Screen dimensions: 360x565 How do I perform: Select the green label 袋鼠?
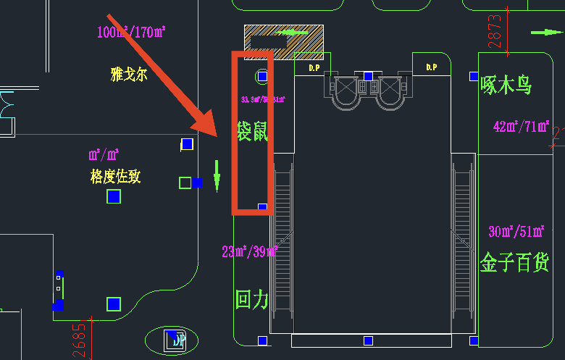click(x=252, y=131)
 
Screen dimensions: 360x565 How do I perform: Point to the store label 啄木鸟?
click(x=506, y=85)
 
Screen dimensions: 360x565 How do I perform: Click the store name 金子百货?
click(x=515, y=262)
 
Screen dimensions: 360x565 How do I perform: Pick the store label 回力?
click(x=251, y=299)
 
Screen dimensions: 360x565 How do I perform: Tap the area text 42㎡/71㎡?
click(x=521, y=126)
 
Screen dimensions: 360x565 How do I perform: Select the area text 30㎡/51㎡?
click(x=516, y=232)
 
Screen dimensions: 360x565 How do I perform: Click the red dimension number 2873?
click(x=495, y=31)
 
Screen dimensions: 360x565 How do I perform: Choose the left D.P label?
click(x=314, y=67)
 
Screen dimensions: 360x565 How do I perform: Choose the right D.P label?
click(x=432, y=67)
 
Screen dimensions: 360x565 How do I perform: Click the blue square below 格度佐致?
click(x=113, y=196)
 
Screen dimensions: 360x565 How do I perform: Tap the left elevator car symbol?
click(x=346, y=89)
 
